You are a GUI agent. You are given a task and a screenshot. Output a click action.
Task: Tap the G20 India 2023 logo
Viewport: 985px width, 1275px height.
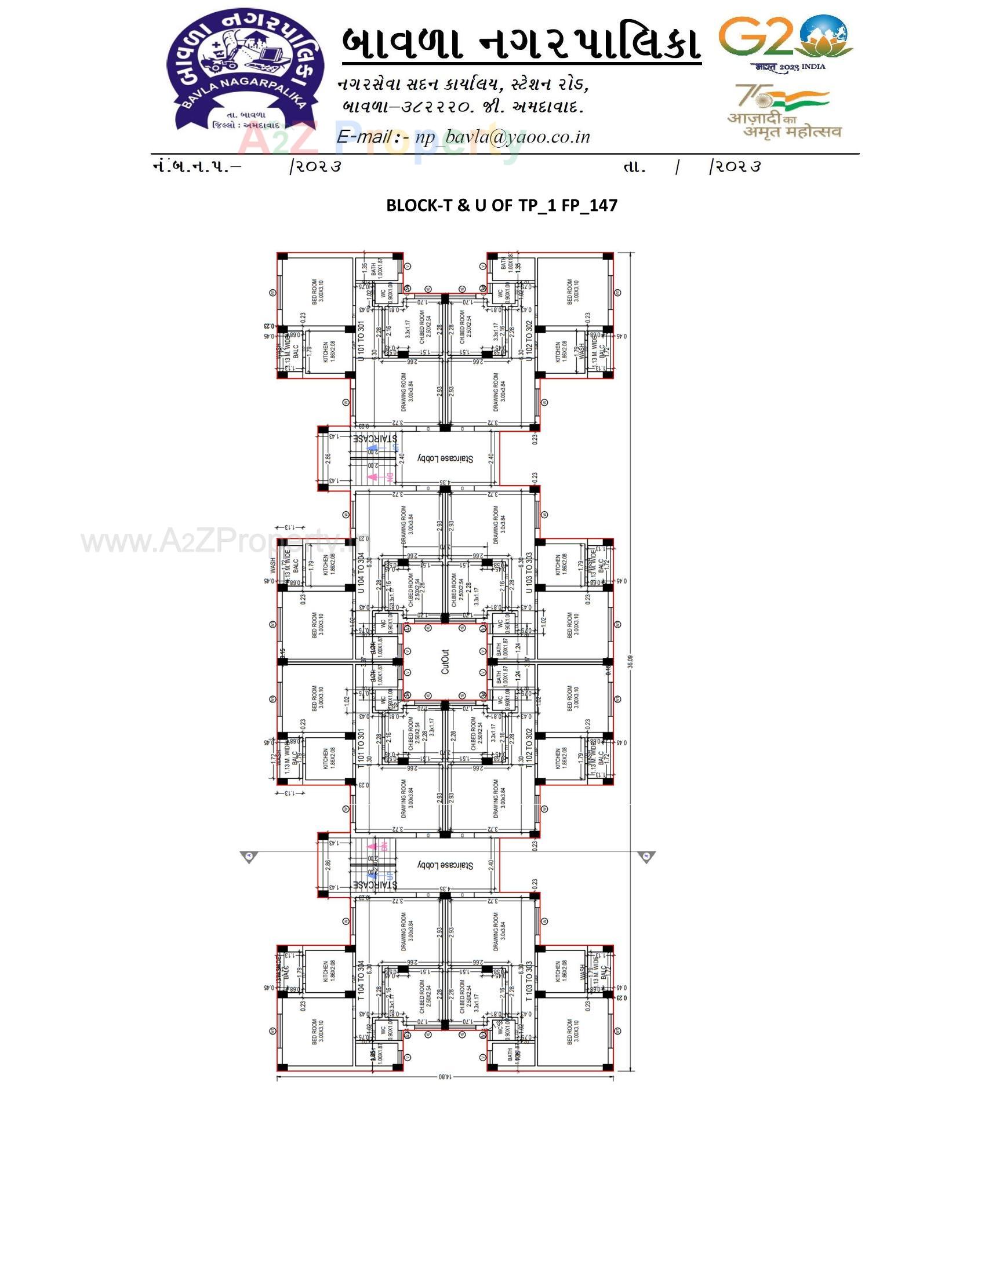point(786,41)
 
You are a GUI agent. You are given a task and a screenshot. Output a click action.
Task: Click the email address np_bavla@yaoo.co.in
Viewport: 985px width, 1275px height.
point(502,137)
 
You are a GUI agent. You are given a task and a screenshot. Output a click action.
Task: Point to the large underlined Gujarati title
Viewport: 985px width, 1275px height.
point(521,44)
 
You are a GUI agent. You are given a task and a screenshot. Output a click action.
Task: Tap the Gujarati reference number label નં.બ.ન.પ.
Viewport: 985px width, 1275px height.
point(196,167)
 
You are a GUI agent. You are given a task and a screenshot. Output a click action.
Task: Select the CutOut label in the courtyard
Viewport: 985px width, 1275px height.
point(445,662)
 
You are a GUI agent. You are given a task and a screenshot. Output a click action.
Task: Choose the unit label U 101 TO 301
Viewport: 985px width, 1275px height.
point(361,341)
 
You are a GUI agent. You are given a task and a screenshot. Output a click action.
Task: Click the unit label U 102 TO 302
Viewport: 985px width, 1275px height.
point(529,341)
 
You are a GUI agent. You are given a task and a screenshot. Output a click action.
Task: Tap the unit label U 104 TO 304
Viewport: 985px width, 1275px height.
point(361,573)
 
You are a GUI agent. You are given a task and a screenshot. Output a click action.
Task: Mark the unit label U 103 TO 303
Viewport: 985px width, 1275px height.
point(529,573)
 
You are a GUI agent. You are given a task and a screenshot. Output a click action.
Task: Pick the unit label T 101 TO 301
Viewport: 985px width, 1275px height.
point(361,748)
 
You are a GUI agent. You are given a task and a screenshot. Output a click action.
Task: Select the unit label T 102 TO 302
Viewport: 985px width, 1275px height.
point(529,748)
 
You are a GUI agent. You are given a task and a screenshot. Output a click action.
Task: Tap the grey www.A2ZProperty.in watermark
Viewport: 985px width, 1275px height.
point(216,542)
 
